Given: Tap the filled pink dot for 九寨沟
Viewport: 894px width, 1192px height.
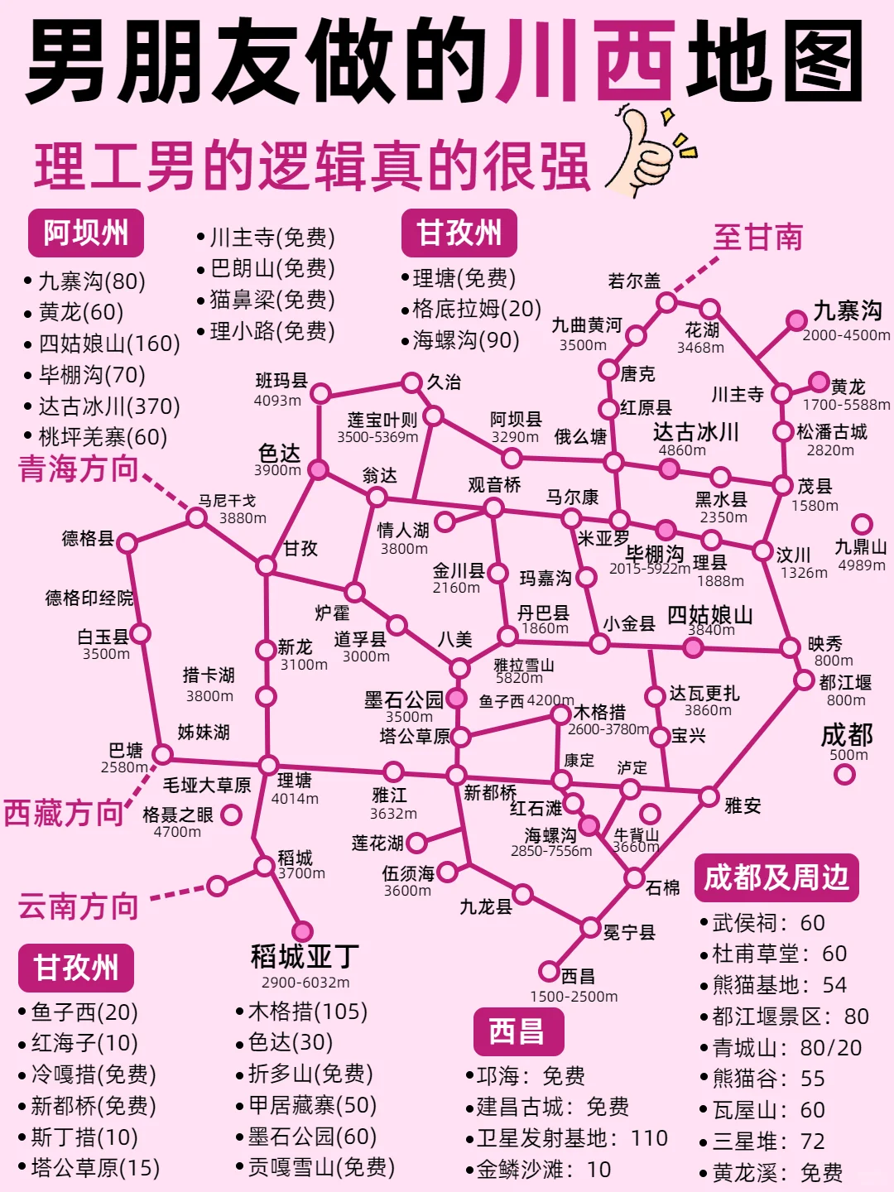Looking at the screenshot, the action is tap(796, 320).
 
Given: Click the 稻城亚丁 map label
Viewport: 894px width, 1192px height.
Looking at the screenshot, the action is tap(305, 957).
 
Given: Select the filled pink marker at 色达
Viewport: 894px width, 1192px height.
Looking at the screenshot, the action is tap(318, 470).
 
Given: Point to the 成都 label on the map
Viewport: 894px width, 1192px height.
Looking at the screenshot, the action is tap(847, 735).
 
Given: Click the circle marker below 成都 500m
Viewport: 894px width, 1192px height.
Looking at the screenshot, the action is tap(844, 774).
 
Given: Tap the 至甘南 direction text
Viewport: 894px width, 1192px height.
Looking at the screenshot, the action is tap(757, 238).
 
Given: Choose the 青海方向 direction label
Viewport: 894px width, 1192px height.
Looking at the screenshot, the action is tap(78, 469).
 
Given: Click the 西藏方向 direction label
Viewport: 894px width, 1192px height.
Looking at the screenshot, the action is tap(63, 813).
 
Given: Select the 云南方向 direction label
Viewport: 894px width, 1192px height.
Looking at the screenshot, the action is tap(78, 906).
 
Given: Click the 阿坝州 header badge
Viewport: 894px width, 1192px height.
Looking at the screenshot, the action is tap(86, 233).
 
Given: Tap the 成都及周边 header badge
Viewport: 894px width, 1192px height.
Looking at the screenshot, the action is tap(776, 877).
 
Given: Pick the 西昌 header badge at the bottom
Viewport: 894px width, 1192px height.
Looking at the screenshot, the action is tap(517, 1031).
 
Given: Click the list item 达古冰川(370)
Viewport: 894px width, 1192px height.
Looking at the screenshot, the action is tap(109, 406).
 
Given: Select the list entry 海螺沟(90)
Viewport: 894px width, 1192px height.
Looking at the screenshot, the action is tap(466, 340).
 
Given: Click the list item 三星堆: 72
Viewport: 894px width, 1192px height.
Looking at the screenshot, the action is tap(768, 1142).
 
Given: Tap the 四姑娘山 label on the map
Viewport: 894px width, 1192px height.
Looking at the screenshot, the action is tap(709, 614).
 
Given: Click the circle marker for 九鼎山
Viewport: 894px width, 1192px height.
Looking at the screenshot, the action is tap(862, 524).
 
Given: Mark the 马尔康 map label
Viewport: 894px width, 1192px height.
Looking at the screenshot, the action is tap(572, 497).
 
